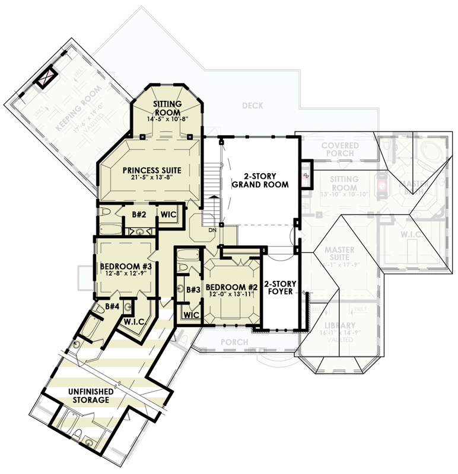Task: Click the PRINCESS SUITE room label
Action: [x=152, y=170]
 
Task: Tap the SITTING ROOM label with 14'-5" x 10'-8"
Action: [x=167, y=107]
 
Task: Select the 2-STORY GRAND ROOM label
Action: [x=260, y=181]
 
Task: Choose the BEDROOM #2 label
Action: [x=231, y=287]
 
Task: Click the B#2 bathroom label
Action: [x=139, y=214]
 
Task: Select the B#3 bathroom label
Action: [x=192, y=290]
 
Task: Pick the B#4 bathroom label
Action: [x=113, y=306]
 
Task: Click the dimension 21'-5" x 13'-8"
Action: [x=152, y=178]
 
